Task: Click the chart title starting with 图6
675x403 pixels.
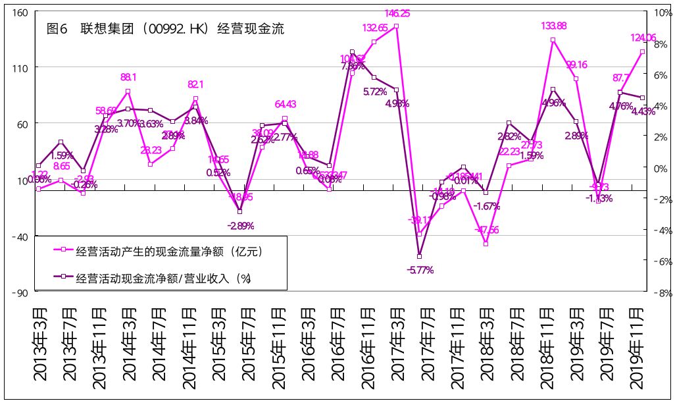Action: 165,29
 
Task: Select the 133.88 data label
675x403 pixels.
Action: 553,26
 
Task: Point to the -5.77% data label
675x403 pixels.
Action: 420,269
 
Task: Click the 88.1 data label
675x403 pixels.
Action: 129,77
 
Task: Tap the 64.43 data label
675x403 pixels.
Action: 285,104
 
